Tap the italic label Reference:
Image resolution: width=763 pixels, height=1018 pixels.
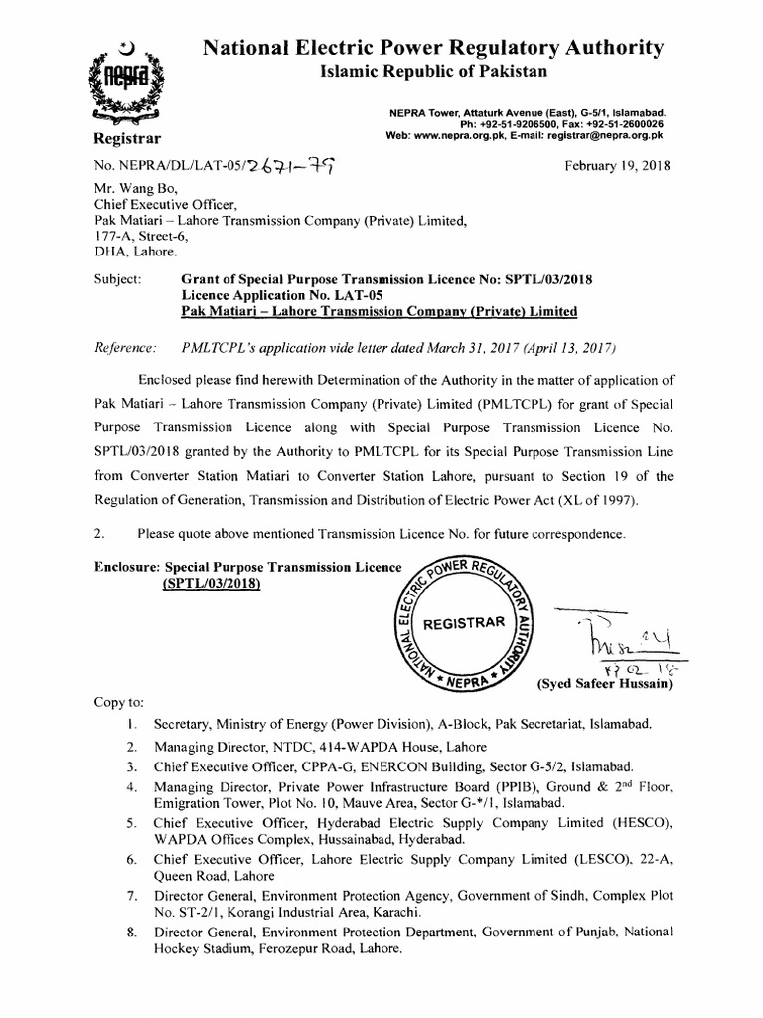[x=125, y=349]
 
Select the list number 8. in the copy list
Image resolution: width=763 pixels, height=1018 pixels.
[x=131, y=932]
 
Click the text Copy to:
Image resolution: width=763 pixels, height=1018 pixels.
[x=119, y=702]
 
